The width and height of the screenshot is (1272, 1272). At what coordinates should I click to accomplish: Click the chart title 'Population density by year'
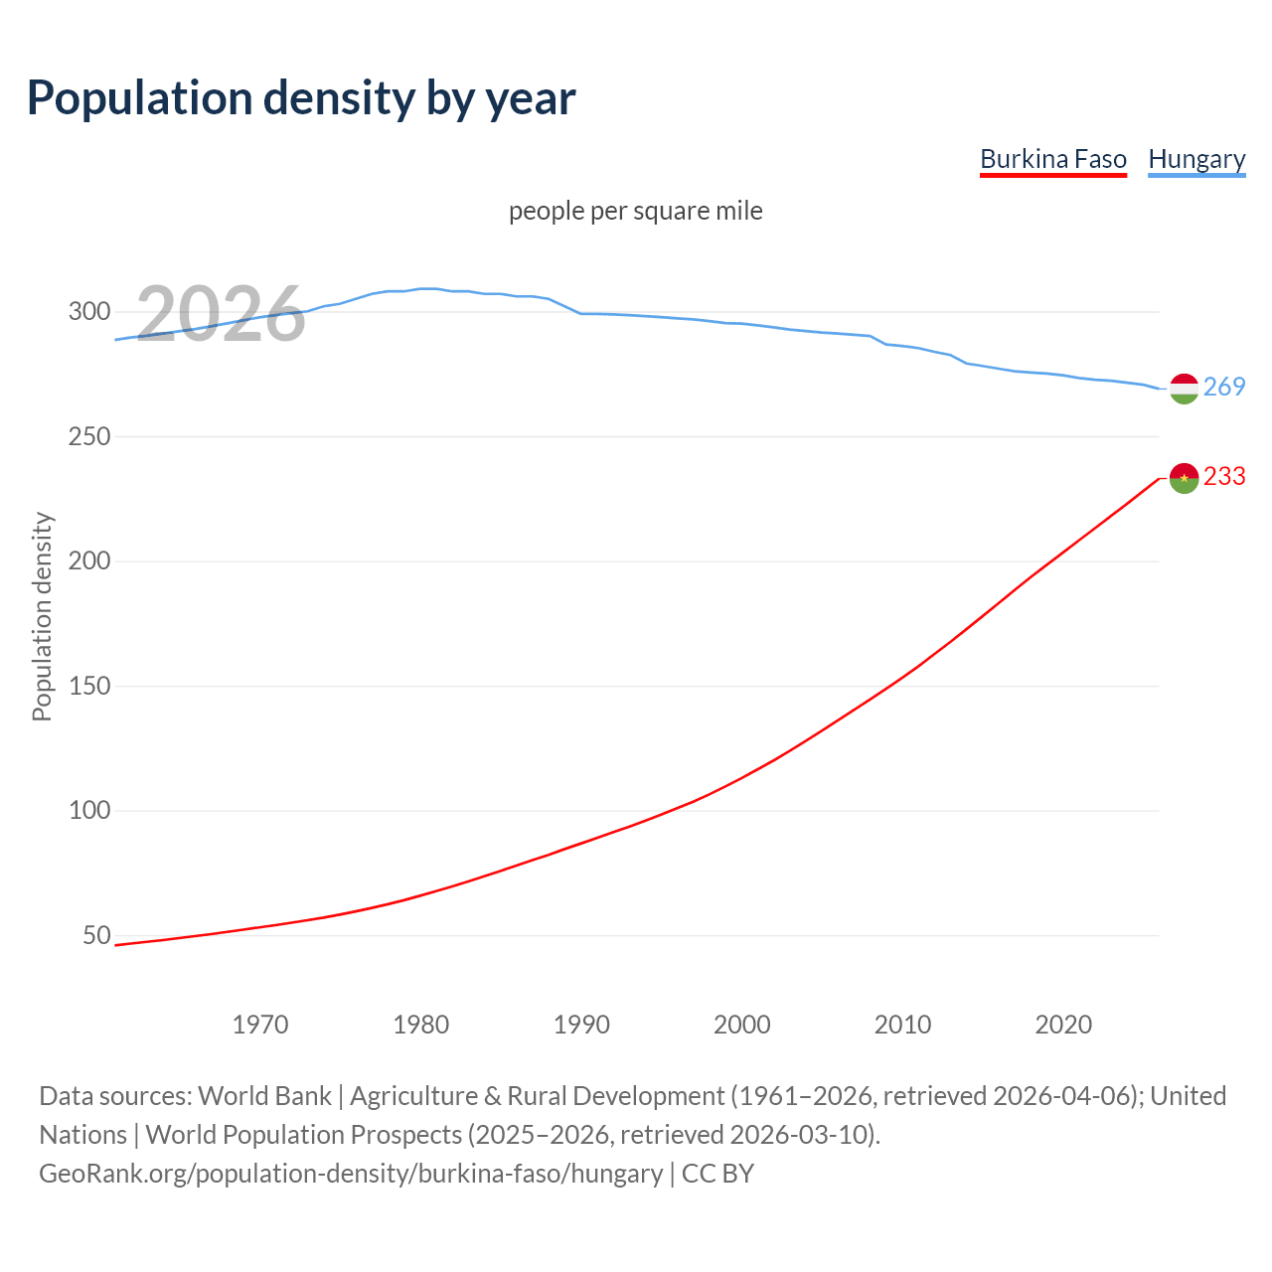click(x=301, y=98)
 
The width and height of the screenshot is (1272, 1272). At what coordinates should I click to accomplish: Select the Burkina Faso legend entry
click(x=1052, y=159)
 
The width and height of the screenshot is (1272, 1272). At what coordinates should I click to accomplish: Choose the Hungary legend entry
click(x=1196, y=159)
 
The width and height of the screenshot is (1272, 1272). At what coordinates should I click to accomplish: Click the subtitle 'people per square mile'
click(x=635, y=211)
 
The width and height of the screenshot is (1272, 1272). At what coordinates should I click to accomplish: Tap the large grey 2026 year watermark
click(x=221, y=314)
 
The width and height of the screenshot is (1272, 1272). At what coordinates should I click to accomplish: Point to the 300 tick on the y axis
click(x=88, y=312)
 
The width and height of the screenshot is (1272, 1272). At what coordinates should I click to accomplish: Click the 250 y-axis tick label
click(x=88, y=436)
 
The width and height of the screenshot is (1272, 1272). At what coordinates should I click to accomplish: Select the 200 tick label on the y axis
click(x=88, y=561)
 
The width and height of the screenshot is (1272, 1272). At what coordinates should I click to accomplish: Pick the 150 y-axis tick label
click(x=88, y=686)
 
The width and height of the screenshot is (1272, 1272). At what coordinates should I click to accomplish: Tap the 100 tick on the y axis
click(x=88, y=811)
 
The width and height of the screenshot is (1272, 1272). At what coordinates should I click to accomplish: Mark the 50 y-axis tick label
click(x=96, y=935)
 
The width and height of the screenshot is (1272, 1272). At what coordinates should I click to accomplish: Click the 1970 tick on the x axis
click(x=260, y=1025)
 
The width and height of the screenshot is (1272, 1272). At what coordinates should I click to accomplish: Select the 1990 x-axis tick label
click(x=581, y=1025)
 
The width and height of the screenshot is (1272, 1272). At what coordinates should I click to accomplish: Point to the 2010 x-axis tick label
click(x=902, y=1025)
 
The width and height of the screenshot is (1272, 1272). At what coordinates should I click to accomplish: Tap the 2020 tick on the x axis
click(x=1063, y=1025)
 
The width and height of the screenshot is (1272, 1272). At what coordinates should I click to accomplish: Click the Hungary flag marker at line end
click(x=1184, y=389)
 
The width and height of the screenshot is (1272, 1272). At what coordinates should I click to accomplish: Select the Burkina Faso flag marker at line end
click(x=1184, y=478)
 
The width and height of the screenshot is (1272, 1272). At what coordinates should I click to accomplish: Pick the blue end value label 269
click(x=1224, y=388)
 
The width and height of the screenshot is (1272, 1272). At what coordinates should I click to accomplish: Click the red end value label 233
click(x=1224, y=477)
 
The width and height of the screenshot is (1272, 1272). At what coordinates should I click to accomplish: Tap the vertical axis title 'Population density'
click(x=42, y=616)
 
